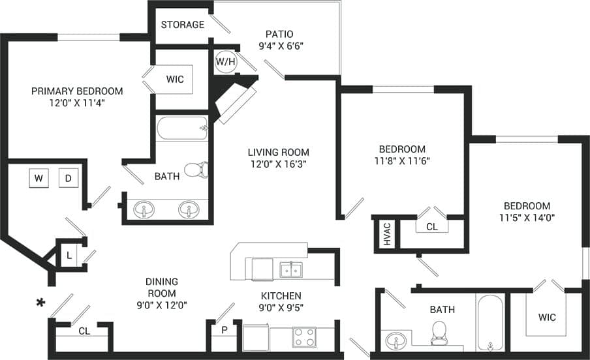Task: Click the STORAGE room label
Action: coord(182,25)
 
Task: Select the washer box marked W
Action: coord(39,178)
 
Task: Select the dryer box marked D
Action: coord(69,178)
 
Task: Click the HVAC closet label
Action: coord(386,234)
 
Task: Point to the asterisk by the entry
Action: coord(40,303)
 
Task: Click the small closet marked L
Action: coord(69,254)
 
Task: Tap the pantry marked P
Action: coord(224,330)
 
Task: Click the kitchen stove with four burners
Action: coord(304,337)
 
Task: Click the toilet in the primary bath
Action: coord(195,170)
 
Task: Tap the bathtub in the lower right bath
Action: coord(490,323)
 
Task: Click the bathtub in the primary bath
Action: coord(181,128)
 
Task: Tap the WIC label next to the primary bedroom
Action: coord(175,80)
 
